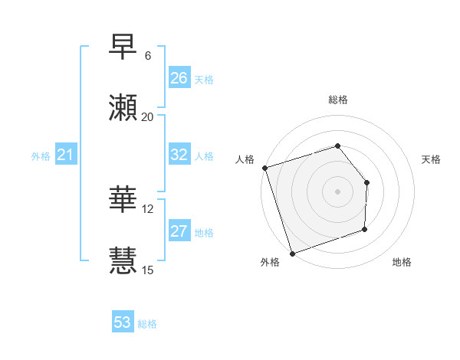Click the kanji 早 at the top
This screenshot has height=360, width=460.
[x=123, y=48]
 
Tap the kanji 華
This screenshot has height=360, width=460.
[x=123, y=200]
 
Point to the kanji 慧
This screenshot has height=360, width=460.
[x=123, y=260]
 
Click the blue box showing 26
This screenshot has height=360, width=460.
[x=179, y=78]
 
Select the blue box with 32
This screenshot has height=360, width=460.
[x=179, y=154]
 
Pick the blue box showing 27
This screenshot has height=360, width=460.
[x=179, y=231]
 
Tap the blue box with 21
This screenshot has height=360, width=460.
[x=65, y=155]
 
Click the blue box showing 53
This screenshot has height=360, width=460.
[x=123, y=322]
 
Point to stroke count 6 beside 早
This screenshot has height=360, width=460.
[x=148, y=56]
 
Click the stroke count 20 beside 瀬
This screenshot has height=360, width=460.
[x=148, y=116]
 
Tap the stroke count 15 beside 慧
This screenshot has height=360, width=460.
[x=148, y=270]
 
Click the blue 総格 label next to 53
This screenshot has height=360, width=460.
[x=147, y=324]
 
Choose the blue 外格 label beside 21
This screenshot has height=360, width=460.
[x=41, y=156]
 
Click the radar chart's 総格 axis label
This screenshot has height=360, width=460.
[x=338, y=100]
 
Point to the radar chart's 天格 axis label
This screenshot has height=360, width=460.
[x=431, y=159]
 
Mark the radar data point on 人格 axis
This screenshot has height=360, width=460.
[x=264, y=168]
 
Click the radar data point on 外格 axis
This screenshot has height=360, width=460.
[x=292, y=253]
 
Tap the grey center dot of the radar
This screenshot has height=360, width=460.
[x=337, y=191]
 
